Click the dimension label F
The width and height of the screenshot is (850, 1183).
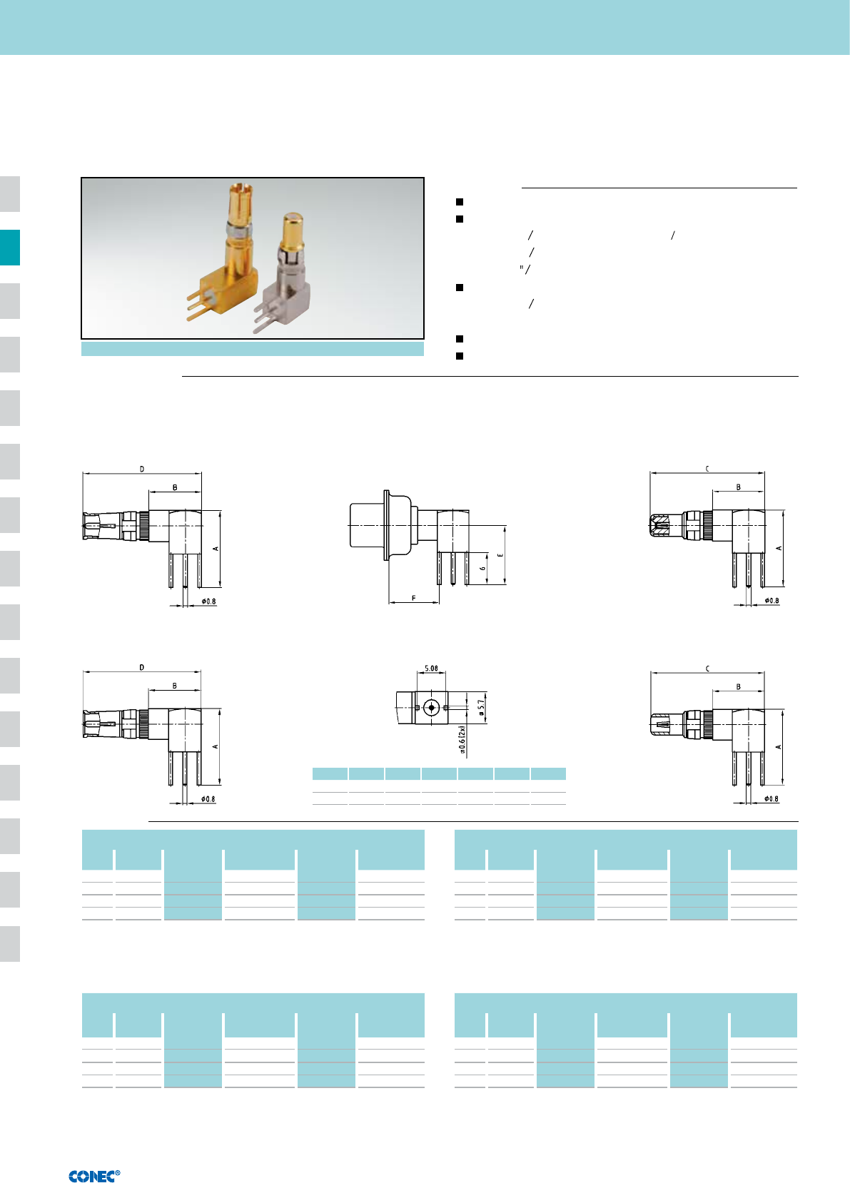(x=414, y=599)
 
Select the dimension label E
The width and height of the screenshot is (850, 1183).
(x=500, y=555)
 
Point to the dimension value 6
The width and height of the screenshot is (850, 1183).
(x=482, y=568)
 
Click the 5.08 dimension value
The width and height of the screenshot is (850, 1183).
(x=432, y=668)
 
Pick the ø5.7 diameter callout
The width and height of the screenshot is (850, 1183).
(x=481, y=708)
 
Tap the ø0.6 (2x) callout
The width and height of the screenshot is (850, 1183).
(x=462, y=739)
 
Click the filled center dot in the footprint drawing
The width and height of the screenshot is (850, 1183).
(x=432, y=707)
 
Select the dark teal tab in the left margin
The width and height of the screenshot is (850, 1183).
(x=10, y=248)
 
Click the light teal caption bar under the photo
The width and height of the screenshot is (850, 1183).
(x=253, y=349)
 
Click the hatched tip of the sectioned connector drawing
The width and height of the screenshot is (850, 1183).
(x=659, y=526)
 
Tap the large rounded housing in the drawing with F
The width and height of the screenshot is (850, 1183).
(x=381, y=525)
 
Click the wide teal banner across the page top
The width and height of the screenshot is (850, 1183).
(x=425, y=27)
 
